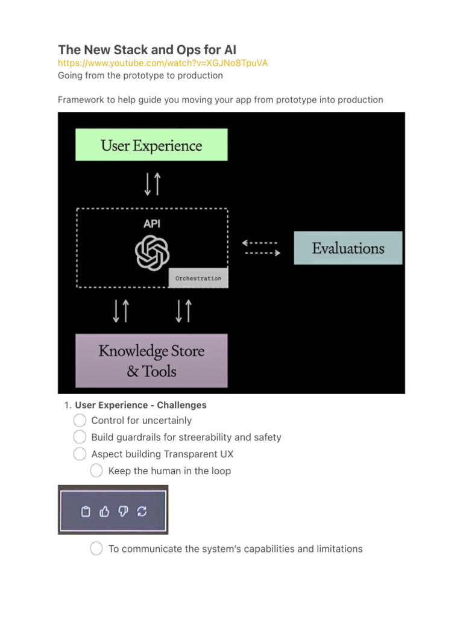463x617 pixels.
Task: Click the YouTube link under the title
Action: coord(163,63)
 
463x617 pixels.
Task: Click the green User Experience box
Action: coord(151,145)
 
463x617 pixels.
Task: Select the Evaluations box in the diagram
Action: coord(348,248)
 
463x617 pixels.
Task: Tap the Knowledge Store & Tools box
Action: coord(151,360)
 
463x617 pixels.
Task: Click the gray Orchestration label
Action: coord(198,278)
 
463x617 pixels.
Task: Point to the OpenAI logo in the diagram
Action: coord(152,252)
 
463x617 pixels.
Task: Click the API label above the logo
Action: coord(152,224)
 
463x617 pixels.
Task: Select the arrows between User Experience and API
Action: coord(152,184)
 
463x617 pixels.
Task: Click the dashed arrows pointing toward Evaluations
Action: coord(261,248)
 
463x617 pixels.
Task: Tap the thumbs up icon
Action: coord(104,512)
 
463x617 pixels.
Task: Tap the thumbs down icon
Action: coord(123,512)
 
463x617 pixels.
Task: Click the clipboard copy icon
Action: coord(86,512)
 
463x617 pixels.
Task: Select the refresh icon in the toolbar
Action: coord(142,512)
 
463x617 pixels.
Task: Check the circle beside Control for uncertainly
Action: coord(80,420)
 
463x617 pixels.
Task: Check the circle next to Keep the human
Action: coord(96,471)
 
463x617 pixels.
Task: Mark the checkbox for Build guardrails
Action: coord(80,437)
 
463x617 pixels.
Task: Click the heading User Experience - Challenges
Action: coord(140,405)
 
